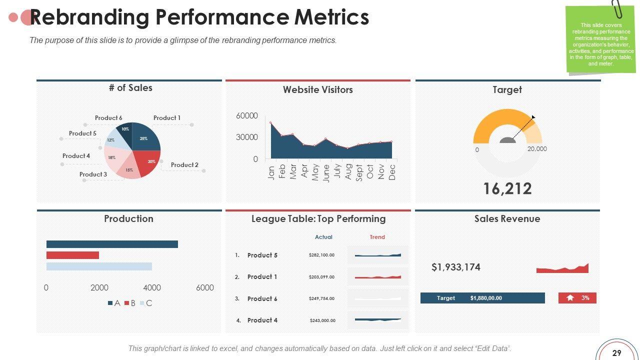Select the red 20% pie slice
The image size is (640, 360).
click(149, 163)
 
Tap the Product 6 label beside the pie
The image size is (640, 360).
click(108, 118)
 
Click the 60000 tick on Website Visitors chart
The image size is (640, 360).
click(247, 116)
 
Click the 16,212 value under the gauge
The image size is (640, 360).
click(507, 188)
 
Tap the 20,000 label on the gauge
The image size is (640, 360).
click(537, 149)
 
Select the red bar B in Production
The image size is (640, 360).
click(72, 255)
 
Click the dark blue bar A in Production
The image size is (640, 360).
click(112, 244)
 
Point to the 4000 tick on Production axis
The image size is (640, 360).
click(152, 287)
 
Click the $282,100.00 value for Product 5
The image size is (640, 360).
click(321, 255)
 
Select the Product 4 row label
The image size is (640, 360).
click(262, 320)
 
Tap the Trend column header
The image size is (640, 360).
click(377, 237)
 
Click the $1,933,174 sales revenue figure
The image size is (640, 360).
click(456, 267)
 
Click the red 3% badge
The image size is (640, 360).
click(577, 298)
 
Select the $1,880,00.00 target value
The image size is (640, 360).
click(486, 298)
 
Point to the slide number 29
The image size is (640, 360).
click(616, 353)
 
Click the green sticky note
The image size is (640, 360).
click(600, 40)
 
